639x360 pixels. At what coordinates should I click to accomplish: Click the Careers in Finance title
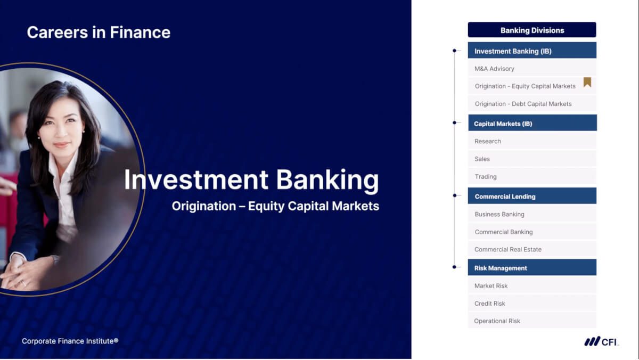pyautogui.click(x=99, y=32)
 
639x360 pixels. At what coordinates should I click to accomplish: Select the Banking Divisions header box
pyautogui.click(x=532, y=30)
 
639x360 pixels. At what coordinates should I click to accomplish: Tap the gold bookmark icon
pyautogui.click(x=587, y=82)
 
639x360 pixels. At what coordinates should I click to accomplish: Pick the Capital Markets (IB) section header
pyautogui.click(x=532, y=123)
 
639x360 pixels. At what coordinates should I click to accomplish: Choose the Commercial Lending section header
pyautogui.click(x=532, y=195)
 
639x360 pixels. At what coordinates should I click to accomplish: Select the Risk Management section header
pyautogui.click(x=532, y=267)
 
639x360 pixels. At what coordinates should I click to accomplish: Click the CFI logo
pyautogui.click(x=601, y=341)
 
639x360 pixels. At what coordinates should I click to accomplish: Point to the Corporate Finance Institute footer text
pyautogui.click(x=70, y=341)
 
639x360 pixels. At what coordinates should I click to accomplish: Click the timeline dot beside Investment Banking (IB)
pyautogui.click(x=454, y=51)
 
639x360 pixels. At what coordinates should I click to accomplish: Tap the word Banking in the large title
pyautogui.click(x=327, y=180)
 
